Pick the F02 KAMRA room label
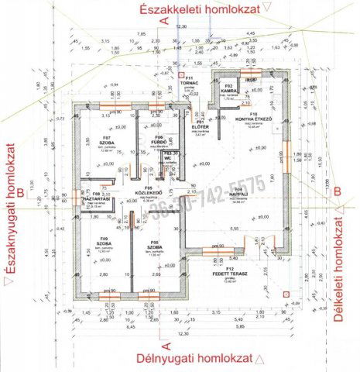[x=229, y=89]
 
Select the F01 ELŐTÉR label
[x=201, y=126]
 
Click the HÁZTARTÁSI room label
[x=98, y=199]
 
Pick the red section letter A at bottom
[x=165, y=340]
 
